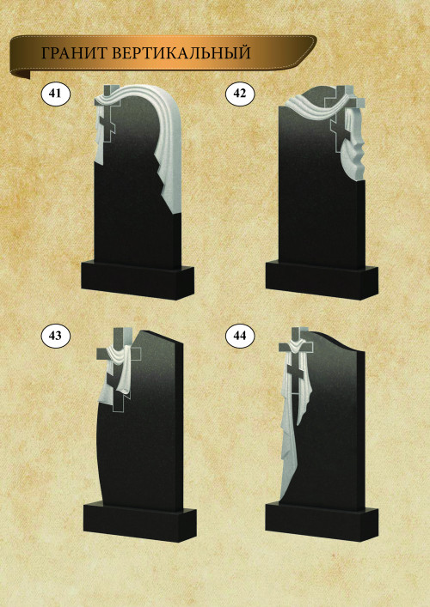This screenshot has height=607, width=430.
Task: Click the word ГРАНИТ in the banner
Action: (74, 53)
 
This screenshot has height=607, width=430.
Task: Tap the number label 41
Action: (55, 94)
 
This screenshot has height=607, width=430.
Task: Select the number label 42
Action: (240, 94)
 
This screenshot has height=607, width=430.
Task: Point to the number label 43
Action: (55, 335)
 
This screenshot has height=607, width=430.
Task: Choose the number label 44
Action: (240, 335)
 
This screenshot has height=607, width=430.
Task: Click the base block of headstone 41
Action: (138, 280)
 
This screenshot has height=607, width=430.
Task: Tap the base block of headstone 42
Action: (322, 280)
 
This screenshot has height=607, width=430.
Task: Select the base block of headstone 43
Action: (139, 521)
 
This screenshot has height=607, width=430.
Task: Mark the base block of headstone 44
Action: (322, 521)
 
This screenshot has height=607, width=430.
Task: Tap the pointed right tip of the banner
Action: (316, 38)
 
